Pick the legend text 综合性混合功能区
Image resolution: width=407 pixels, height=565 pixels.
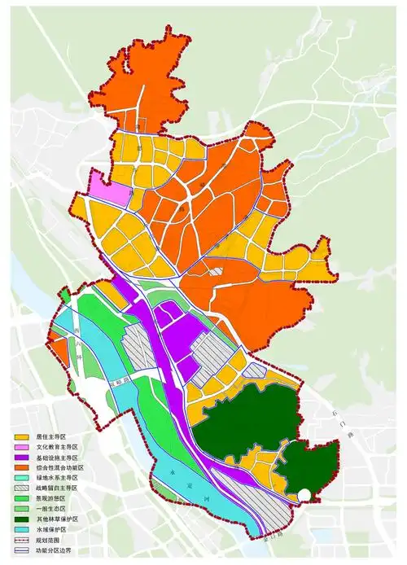tap(62, 468)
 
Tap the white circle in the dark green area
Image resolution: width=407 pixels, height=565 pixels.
tap(303, 493)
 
